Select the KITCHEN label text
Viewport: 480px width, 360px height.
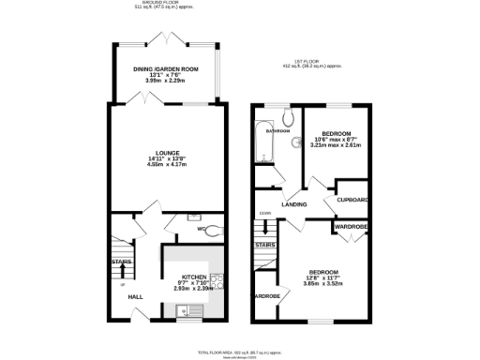tap(193, 276)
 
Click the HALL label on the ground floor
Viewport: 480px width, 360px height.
tap(135, 295)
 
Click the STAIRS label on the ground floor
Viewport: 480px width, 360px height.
tap(121, 262)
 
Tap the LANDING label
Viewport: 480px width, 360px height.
tap(296, 203)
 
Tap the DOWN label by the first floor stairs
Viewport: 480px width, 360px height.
tap(266, 213)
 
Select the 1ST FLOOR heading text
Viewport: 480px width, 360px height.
tap(313, 61)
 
